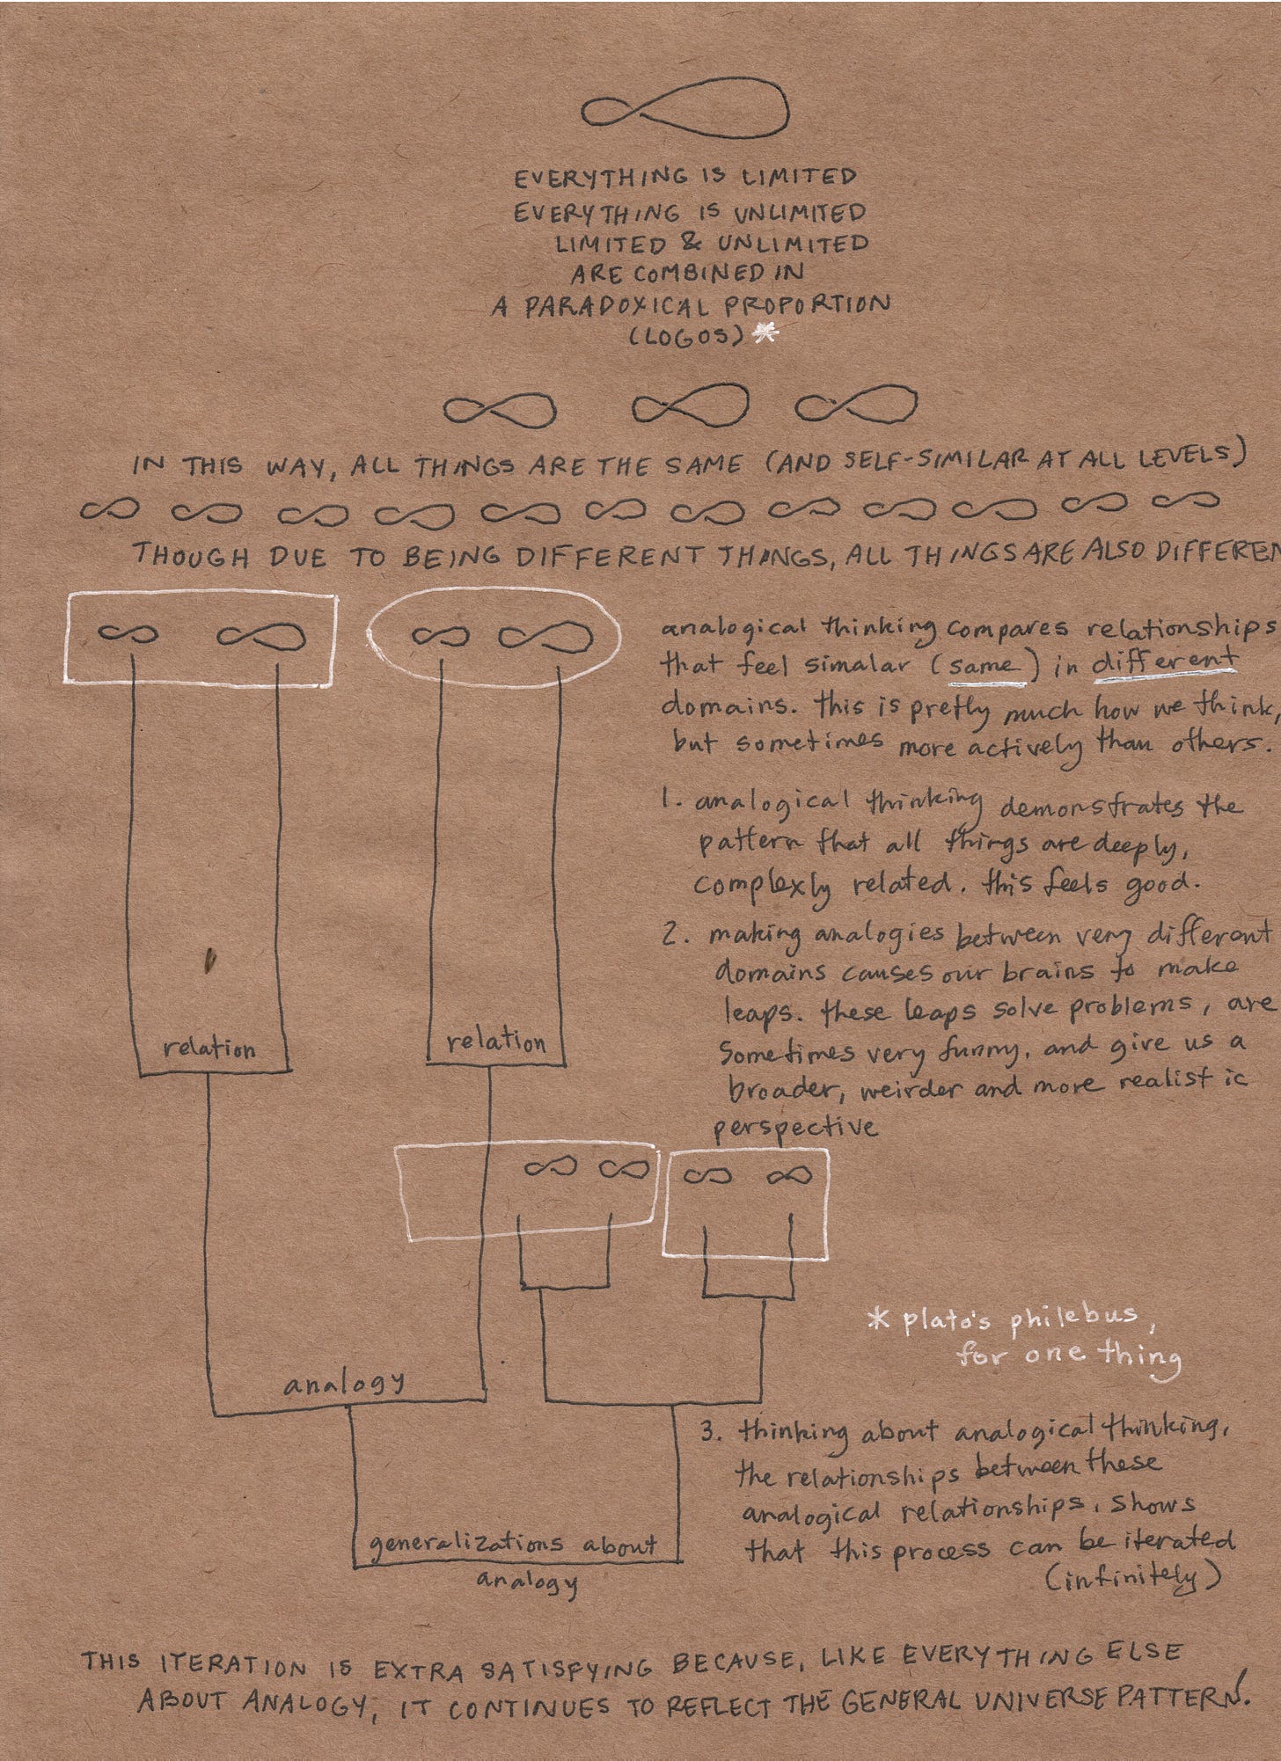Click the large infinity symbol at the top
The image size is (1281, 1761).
click(684, 115)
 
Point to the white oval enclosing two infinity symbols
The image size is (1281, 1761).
click(490, 635)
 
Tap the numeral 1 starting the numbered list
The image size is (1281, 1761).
click(667, 802)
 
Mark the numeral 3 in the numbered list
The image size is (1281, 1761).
click(709, 1432)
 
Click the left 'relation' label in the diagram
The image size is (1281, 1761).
click(209, 1049)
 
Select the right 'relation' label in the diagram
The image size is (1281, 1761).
click(495, 1042)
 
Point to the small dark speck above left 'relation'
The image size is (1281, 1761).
click(209, 961)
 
